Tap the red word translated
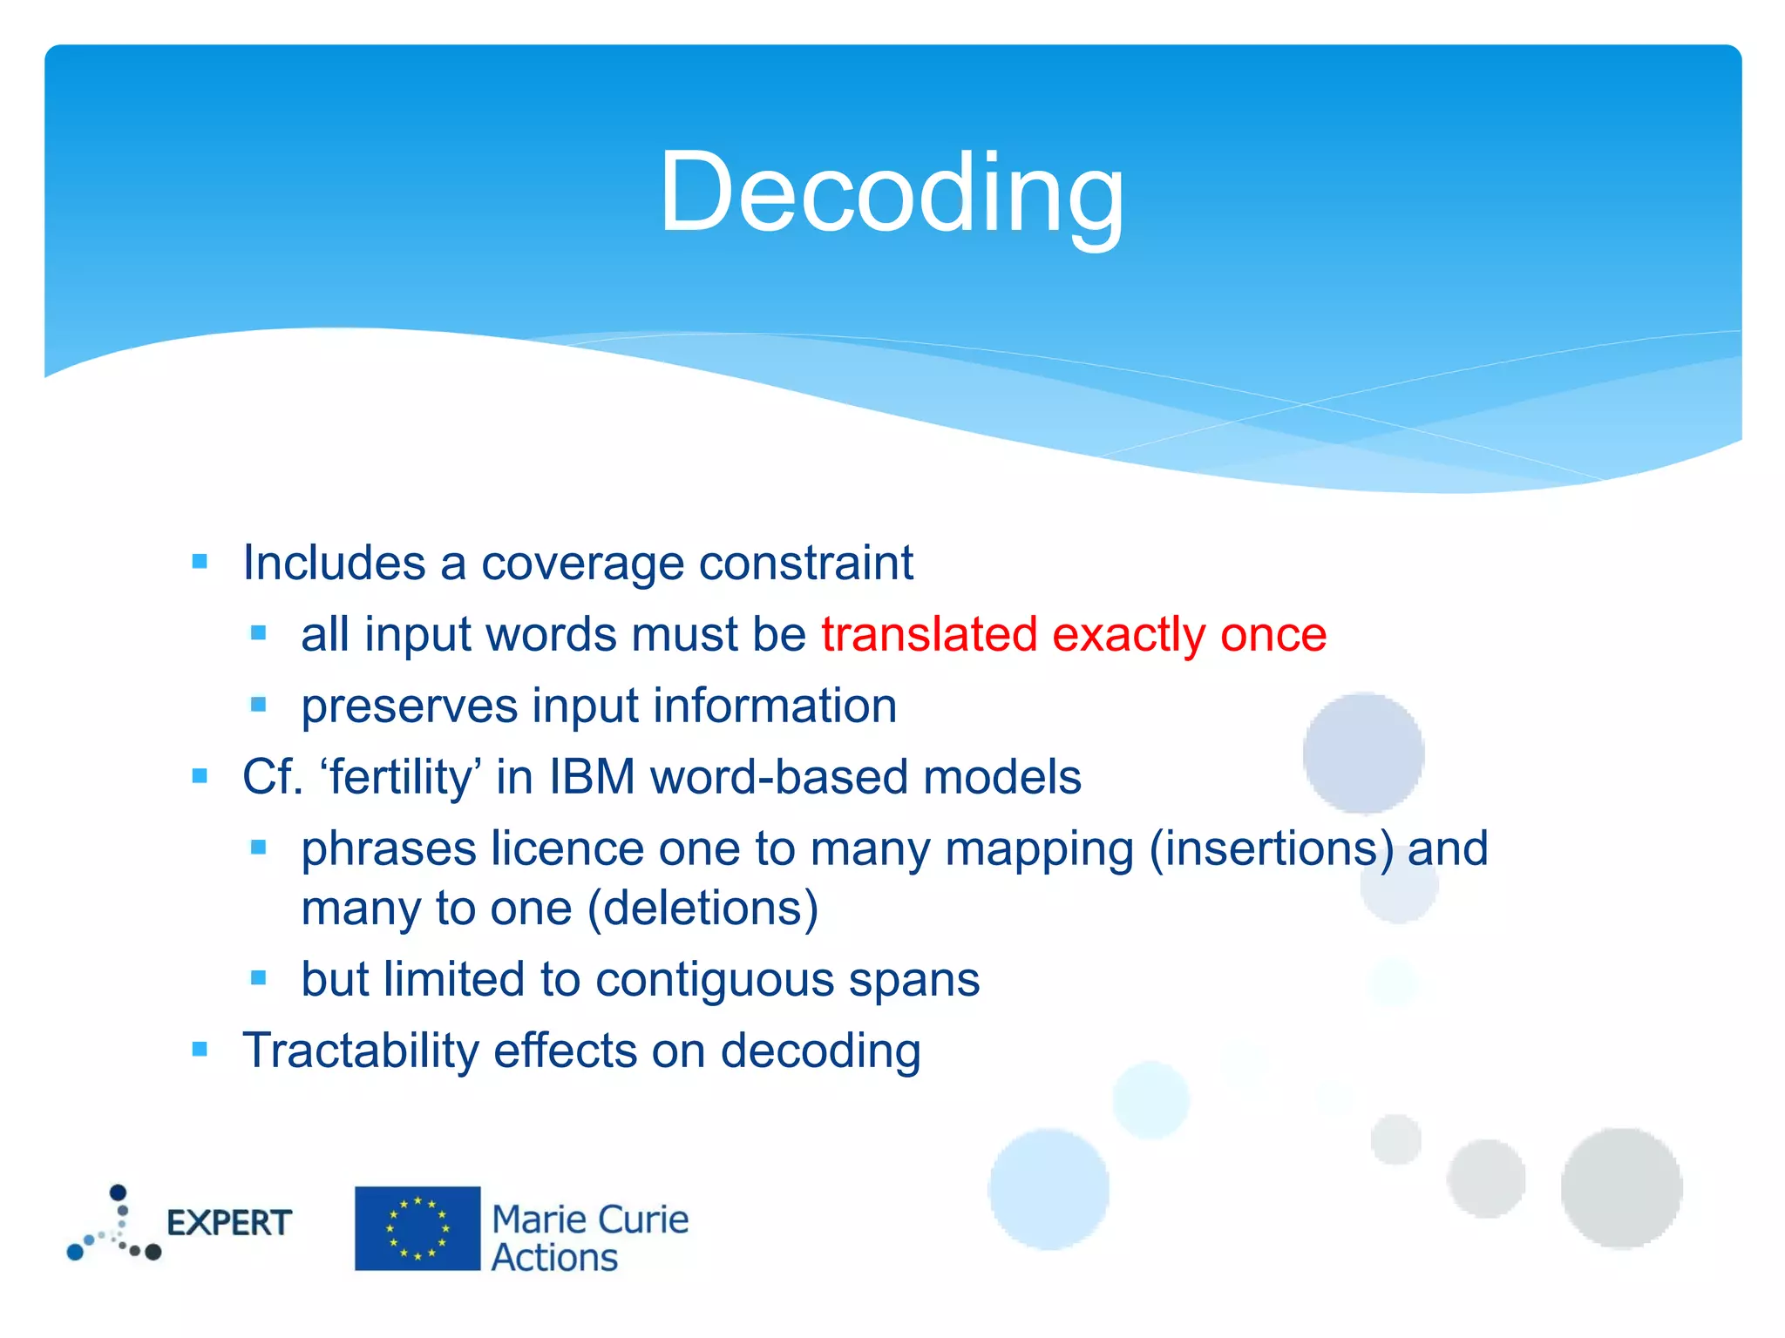(929, 634)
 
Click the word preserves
(409, 706)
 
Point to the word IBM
(592, 777)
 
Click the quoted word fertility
(401, 777)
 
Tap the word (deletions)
(702, 909)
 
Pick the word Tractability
(360, 1051)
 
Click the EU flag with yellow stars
(417, 1228)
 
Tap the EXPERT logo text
(228, 1223)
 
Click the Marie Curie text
(590, 1220)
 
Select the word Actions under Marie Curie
(554, 1259)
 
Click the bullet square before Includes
(200, 562)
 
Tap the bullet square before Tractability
(200, 1050)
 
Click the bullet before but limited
(258, 978)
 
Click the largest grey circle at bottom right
(1620, 1187)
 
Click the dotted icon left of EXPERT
(114, 1225)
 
